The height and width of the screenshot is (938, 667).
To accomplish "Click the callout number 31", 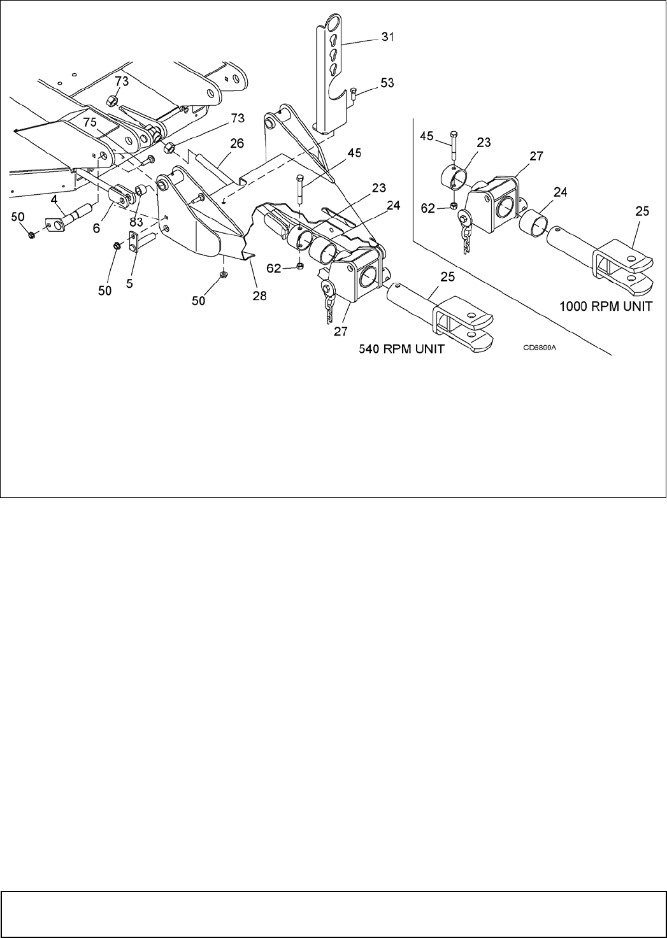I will [x=387, y=38].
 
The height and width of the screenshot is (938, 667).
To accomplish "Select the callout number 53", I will [x=387, y=83].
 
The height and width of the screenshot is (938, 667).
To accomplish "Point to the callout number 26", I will [x=236, y=144].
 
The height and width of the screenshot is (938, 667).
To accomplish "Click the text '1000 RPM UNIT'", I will [x=605, y=306].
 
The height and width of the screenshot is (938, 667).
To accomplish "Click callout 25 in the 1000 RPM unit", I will [x=642, y=211].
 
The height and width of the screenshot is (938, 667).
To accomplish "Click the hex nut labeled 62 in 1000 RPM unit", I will [x=452, y=206].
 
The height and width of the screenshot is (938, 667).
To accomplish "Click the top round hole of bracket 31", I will [x=331, y=25].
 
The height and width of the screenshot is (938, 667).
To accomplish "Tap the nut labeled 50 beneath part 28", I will [x=224, y=274].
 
